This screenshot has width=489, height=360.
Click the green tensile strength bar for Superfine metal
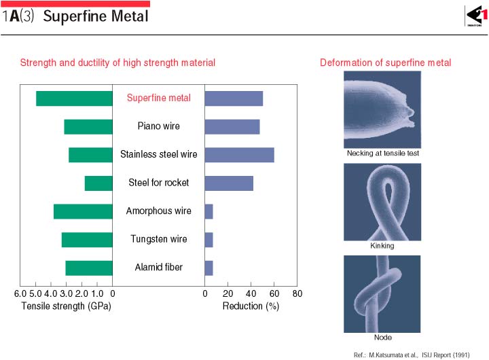click(74, 98)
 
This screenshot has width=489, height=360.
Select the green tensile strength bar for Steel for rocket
click(98, 183)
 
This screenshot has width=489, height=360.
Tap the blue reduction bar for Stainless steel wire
click(239, 154)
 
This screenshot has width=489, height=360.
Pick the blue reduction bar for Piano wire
click(232, 126)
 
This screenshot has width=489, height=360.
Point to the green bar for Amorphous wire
click(83, 211)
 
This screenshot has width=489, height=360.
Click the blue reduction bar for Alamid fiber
click(209, 268)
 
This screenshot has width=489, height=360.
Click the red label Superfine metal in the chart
click(159, 98)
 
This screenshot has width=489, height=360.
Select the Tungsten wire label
click(159, 239)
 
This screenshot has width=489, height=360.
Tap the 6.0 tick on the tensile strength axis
click(20, 294)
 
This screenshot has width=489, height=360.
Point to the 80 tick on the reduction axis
click(297, 294)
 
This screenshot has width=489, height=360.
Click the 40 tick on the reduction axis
click(251, 294)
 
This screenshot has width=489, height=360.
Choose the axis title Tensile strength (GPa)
click(66, 306)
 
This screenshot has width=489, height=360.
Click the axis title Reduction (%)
click(251, 306)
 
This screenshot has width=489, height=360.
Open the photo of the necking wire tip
click(382, 109)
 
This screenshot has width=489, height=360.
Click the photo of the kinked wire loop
click(382, 202)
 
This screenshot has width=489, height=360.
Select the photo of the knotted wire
click(382, 293)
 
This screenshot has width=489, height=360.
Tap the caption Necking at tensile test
click(382, 154)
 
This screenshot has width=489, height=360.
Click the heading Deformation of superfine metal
click(385, 63)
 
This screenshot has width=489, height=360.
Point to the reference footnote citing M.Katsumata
click(412, 355)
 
